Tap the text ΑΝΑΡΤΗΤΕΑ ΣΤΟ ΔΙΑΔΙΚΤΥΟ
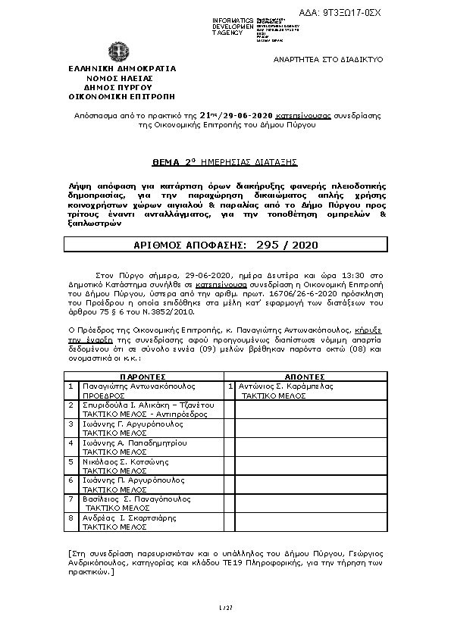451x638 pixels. [327, 59]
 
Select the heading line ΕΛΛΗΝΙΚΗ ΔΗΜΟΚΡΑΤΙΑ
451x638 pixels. [121, 68]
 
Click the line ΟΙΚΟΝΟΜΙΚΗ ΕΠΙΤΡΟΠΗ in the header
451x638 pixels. [121, 97]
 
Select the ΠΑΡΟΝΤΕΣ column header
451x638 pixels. [143, 376]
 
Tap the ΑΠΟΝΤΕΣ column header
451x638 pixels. [304, 376]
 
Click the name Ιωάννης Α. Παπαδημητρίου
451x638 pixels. [134, 443]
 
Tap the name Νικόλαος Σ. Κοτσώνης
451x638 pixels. [124, 461]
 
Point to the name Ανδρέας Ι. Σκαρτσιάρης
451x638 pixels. [129, 518]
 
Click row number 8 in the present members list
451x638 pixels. [70, 518]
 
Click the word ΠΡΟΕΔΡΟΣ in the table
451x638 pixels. [103, 396]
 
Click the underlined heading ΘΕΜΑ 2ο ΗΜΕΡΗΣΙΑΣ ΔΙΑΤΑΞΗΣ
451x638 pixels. [224, 162]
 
